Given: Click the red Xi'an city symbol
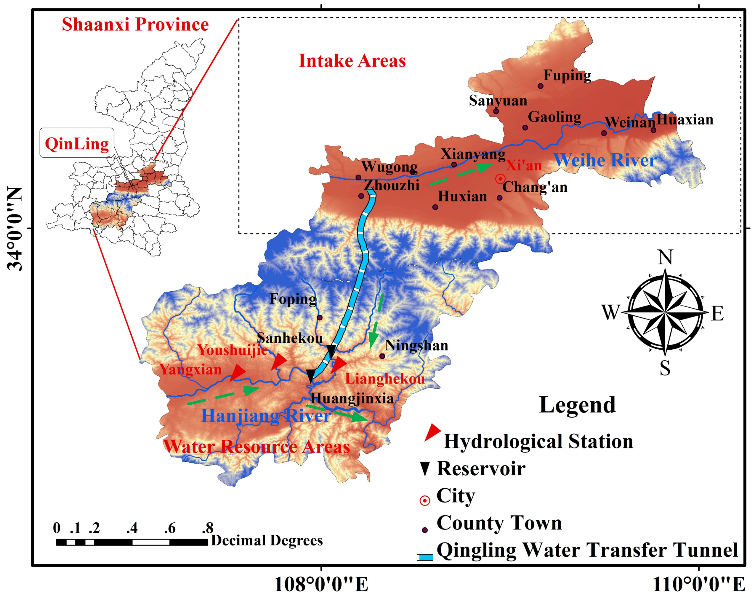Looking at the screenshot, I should pyautogui.click(x=500, y=179).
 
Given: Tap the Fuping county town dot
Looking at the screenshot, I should pyautogui.click(x=541, y=86).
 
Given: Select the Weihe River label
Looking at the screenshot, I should pyautogui.click(x=605, y=160).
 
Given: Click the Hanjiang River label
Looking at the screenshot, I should pyautogui.click(x=265, y=416).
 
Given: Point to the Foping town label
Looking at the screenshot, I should pyautogui.click(x=293, y=299).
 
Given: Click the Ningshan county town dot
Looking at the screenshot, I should pyautogui.click(x=382, y=356).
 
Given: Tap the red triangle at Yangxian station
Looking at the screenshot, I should pyautogui.click(x=238, y=372).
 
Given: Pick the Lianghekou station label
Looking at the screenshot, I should pyautogui.click(x=385, y=379).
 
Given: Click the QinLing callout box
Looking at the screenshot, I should pyautogui.click(x=77, y=143).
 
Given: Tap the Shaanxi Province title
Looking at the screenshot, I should pyautogui.click(x=135, y=25).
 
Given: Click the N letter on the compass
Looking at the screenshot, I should pyautogui.click(x=665, y=258).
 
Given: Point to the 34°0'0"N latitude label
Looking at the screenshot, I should pyautogui.click(x=15, y=229).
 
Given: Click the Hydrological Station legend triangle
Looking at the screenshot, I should pyautogui.click(x=432, y=432).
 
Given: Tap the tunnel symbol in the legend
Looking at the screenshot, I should pyautogui.click(x=425, y=557).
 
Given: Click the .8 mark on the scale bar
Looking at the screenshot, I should pyautogui.click(x=208, y=528).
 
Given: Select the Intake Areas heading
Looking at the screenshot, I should pyautogui.click(x=352, y=61).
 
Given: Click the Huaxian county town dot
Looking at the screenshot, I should pyautogui.click(x=653, y=130).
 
